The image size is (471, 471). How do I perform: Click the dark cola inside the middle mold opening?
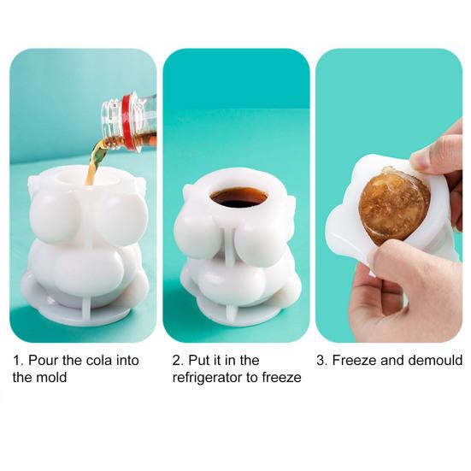click(238, 197)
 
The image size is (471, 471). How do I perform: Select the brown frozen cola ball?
click(394, 205)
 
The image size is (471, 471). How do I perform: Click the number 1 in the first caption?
click(17, 360)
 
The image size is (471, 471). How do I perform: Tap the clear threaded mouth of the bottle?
click(111, 122)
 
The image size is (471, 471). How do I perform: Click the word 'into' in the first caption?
click(127, 360)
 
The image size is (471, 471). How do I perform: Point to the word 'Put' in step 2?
click(198, 360)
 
